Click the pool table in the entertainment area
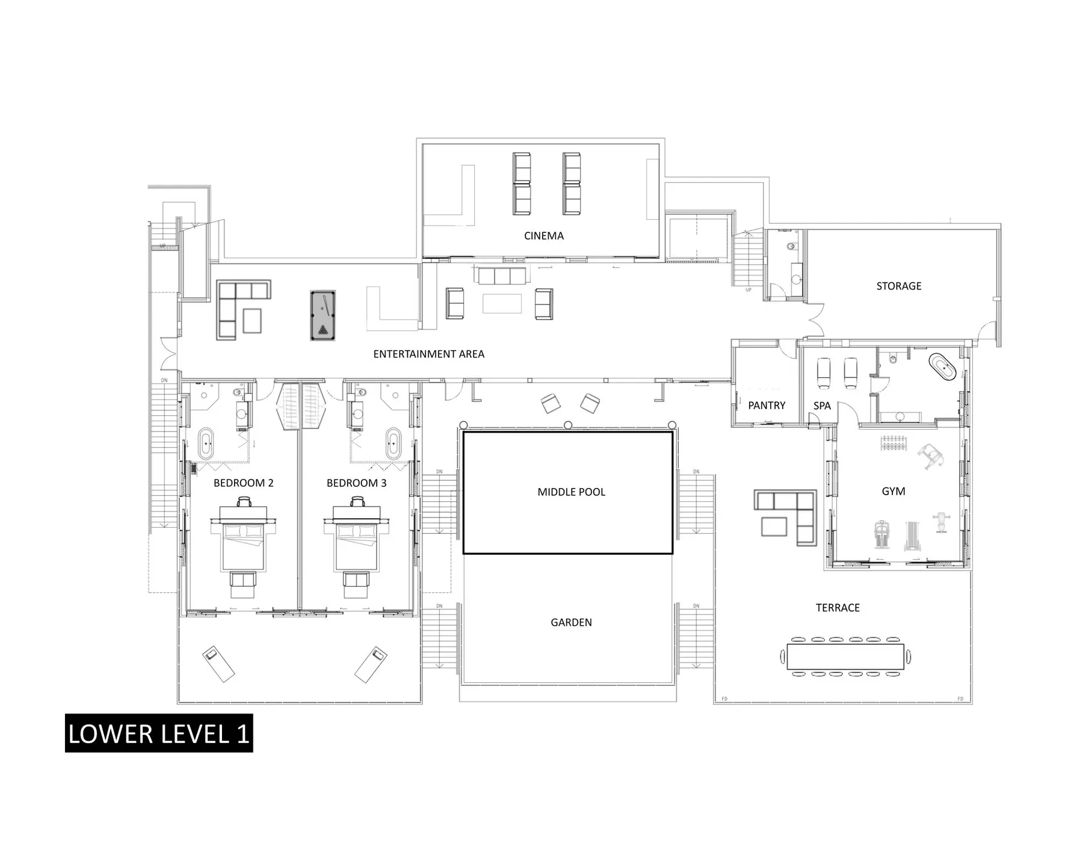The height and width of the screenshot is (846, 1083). tap(322, 315)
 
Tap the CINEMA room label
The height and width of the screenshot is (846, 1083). tap(544, 236)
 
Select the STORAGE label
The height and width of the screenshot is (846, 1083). tap(898, 286)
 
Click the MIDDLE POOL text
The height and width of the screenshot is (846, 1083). tap(571, 492)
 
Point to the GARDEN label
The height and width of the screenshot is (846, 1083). tap(571, 622)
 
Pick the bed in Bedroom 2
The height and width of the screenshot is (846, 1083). tap(243, 545)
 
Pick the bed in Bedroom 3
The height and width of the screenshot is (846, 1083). tap(356, 545)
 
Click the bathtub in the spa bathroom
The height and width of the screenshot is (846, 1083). tap(942, 367)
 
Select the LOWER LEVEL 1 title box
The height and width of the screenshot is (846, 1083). tap(159, 733)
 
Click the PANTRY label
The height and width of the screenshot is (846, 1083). tap(767, 406)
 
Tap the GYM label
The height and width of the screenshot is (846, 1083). tap(893, 491)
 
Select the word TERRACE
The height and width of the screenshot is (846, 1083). tap(838, 608)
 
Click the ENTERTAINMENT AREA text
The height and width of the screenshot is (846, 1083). tap(428, 354)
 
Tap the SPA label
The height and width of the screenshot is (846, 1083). tap(822, 406)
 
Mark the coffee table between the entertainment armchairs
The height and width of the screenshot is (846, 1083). tap(502, 303)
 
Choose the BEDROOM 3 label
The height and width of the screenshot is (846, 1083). tap(356, 483)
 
